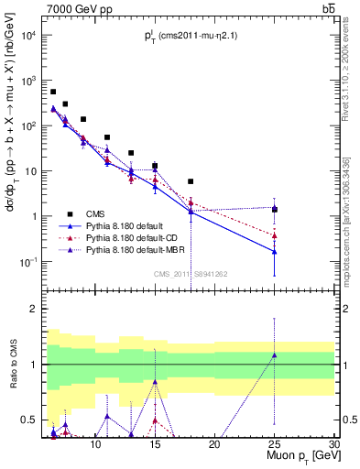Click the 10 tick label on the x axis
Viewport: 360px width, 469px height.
96,442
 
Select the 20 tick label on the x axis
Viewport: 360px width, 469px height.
214,442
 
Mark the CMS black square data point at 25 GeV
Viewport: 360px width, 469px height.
274,210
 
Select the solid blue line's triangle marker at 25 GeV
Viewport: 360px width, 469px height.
274,251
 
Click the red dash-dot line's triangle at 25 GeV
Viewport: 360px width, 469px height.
274,235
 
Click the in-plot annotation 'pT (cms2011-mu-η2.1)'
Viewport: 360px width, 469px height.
190,35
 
